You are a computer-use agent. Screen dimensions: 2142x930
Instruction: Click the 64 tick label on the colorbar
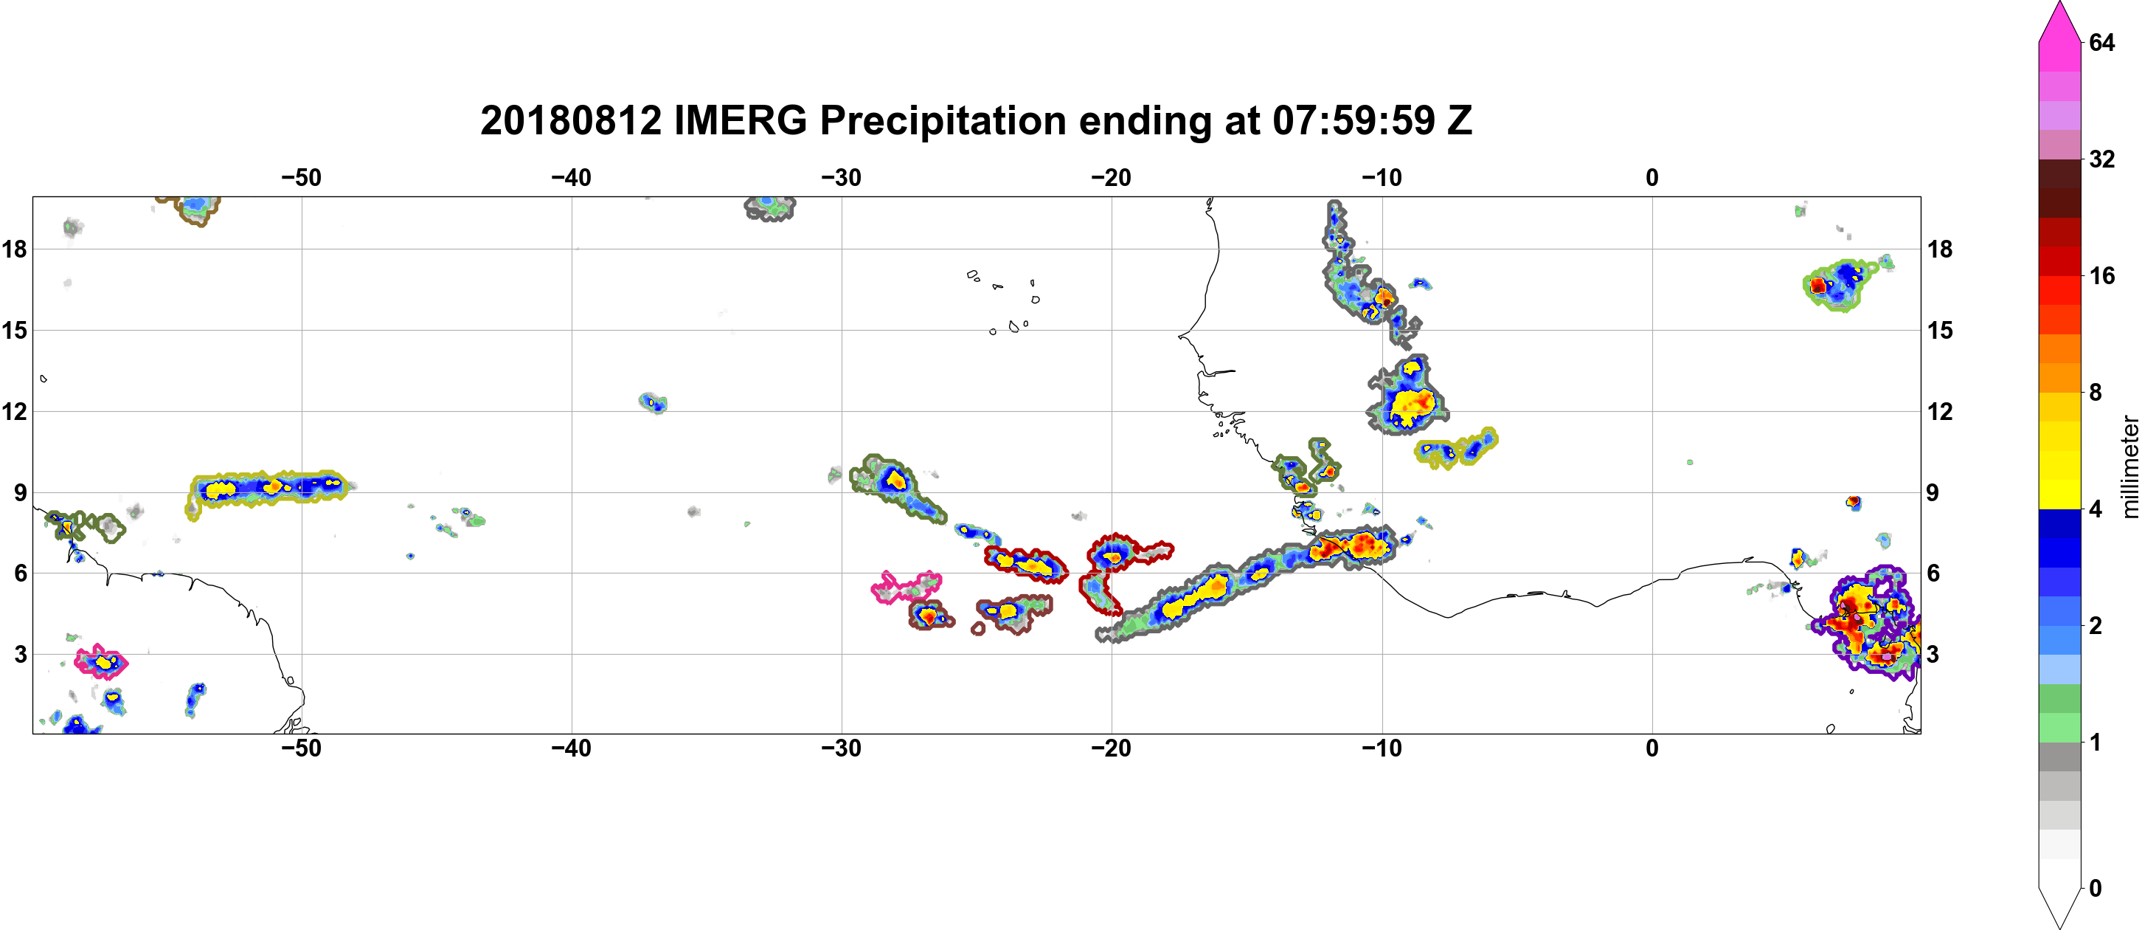click(2101, 42)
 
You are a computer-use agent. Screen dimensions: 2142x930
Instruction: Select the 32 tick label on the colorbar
click(2101, 159)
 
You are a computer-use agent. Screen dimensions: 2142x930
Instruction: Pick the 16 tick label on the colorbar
click(2101, 276)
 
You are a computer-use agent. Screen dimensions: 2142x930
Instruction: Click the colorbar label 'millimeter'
click(2129, 466)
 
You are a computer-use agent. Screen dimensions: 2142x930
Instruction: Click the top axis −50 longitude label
click(301, 178)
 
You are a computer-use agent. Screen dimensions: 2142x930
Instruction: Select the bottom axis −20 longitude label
click(1111, 748)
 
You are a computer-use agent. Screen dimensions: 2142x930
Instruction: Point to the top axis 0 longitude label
click(1651, 178)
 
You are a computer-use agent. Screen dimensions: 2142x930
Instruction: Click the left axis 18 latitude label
click(14, 249)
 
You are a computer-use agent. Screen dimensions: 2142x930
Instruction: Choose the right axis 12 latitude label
click(1940, 412)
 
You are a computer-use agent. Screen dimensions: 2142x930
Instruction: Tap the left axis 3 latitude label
click(20, 655)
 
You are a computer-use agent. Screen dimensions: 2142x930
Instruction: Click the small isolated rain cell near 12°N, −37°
click(654, 404)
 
